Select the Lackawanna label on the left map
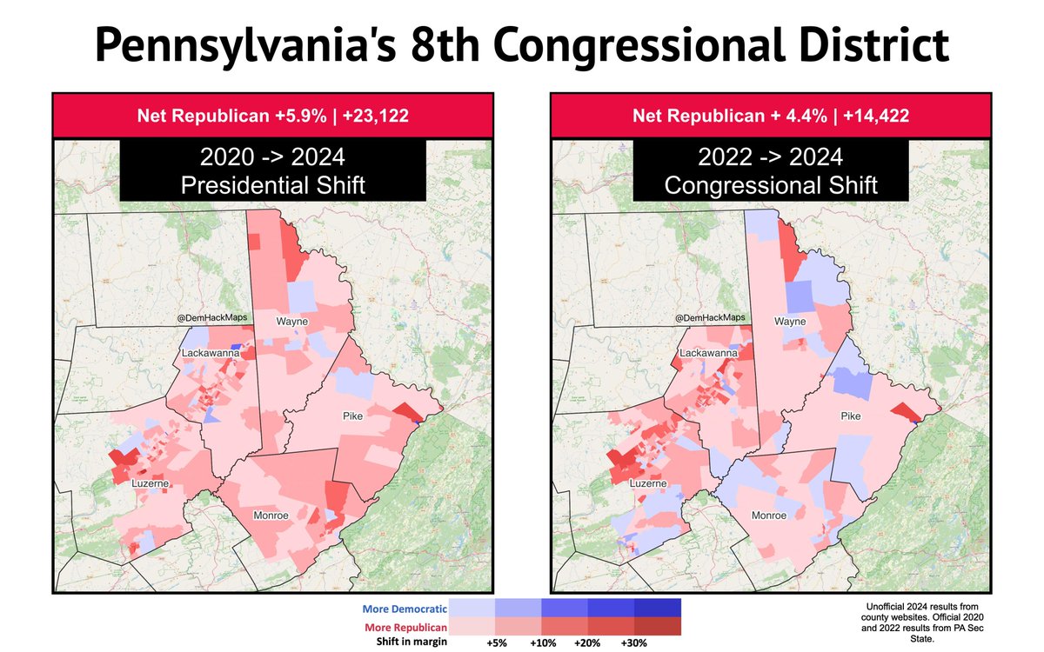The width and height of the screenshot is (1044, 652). click(x=211, y=353)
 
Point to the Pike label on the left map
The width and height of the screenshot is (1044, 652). click(x=351, y=416)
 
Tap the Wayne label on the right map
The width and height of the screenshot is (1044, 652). click(x=792, y=323)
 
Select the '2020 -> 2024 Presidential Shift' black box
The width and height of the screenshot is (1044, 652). click(x=272, y=170)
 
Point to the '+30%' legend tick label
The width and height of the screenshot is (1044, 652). click(x=634, y=644)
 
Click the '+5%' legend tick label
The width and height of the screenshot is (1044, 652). click(x=496, y=644)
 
